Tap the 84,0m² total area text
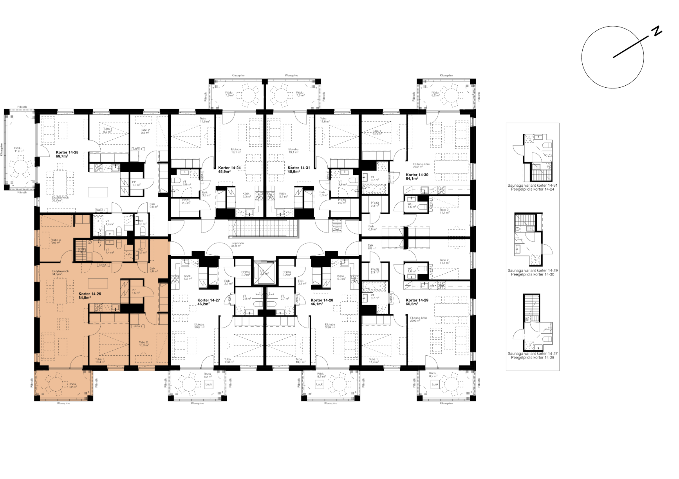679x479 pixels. (x=85, y=297)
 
